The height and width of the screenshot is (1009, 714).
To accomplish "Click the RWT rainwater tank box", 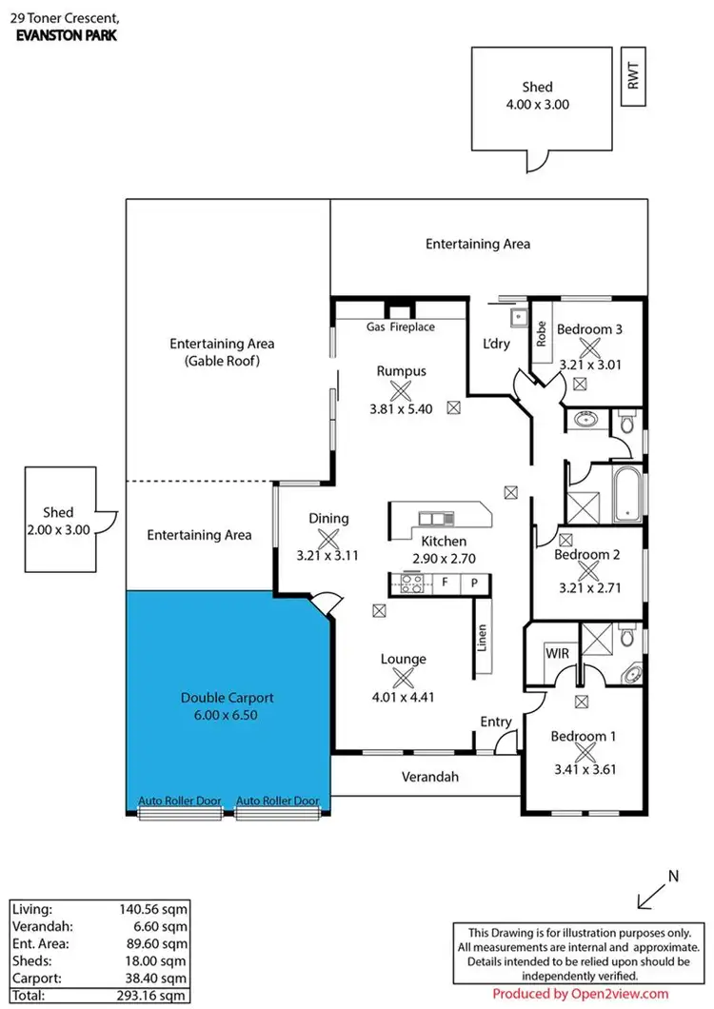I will [x=633, y=74].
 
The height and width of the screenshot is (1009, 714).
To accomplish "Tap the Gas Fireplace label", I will [x=401, y=326].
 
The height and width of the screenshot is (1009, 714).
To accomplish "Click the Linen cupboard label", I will [x=483, y=639].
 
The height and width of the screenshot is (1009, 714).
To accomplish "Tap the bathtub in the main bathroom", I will [x=628, y=493].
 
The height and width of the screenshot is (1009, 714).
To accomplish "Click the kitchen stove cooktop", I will [x=411, y=583].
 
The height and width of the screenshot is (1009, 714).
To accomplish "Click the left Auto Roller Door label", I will [x=180, y=801].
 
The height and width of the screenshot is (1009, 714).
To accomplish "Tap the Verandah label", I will [x=426, y=777].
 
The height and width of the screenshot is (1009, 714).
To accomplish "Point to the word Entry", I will [x=495, y=722].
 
